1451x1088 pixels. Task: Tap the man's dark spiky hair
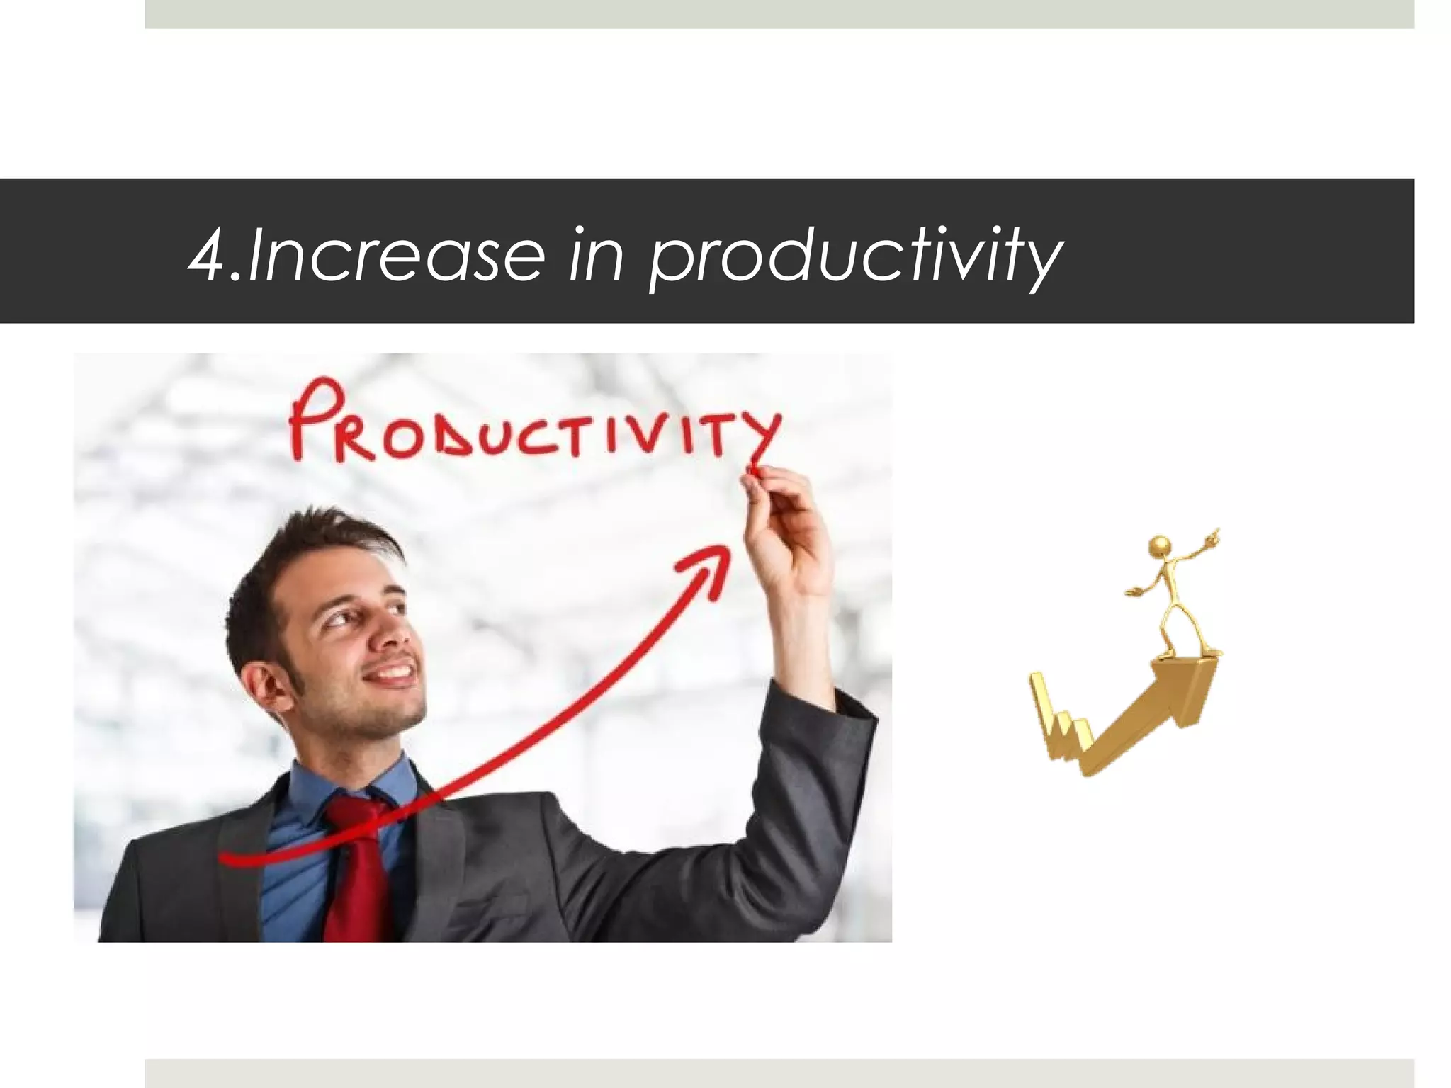298,560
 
